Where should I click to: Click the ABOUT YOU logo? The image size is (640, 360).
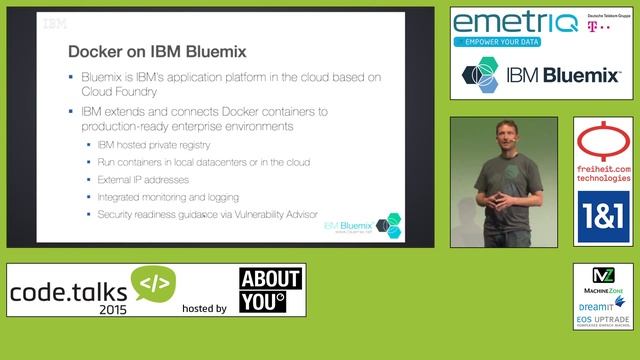[x=272, y=290]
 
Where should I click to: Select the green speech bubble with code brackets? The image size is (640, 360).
[x=154, y=283]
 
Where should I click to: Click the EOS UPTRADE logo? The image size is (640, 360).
[x=603, y=320]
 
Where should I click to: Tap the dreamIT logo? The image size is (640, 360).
[x=603, y=302]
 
